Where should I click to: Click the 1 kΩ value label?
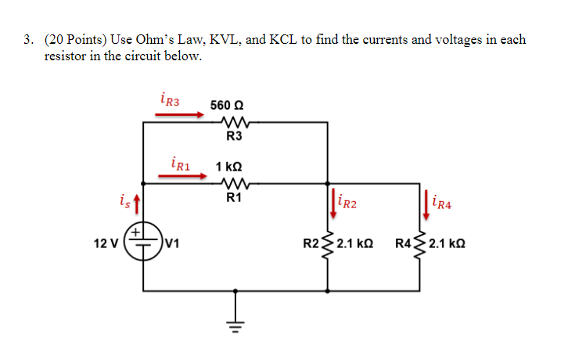pyautogui.click(x=228, y=167)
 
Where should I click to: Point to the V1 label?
pyautogui.click(x=173, y=242)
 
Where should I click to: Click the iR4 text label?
pyautogui.click(x=443, y=205)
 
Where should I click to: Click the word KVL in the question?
pyautogui.click(x=196, y=39)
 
